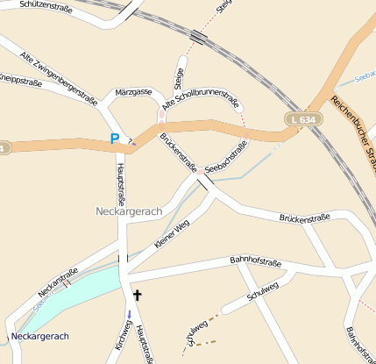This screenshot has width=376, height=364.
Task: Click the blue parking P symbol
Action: point(114,139)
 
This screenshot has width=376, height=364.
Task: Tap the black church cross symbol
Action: point(137,296)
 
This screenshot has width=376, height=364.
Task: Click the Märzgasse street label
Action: point(133,91)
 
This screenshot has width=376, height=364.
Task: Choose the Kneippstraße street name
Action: point(20,80)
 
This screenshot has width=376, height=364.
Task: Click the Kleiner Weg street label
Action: point(172,235)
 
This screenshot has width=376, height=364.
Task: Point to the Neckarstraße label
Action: point(65,280)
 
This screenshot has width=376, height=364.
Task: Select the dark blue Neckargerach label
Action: point(39,336)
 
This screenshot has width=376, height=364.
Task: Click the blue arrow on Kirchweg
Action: point(130,314)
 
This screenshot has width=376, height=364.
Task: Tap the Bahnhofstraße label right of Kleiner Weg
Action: point(254,260)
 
